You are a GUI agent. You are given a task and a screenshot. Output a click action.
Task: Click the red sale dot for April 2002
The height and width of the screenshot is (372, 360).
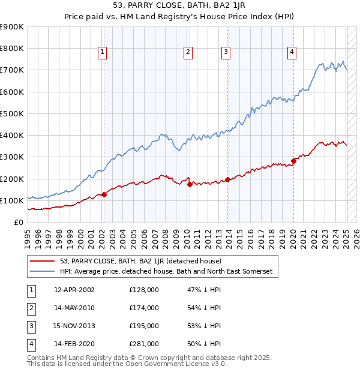pos(104,194)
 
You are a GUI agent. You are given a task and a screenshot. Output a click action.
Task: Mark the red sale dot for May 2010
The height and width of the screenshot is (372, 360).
pos(190,184)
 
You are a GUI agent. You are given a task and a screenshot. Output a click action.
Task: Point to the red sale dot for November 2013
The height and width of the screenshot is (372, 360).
pos(227,180)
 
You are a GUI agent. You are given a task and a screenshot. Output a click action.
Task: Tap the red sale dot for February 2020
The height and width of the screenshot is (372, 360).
pos(293,161)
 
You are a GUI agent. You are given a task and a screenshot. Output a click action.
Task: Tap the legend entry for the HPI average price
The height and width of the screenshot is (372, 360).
pos(166,272)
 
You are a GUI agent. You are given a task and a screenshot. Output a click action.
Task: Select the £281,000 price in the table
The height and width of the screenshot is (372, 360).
pos(144,344)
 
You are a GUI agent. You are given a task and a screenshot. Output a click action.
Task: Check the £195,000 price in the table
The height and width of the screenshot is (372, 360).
pos(144,326)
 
